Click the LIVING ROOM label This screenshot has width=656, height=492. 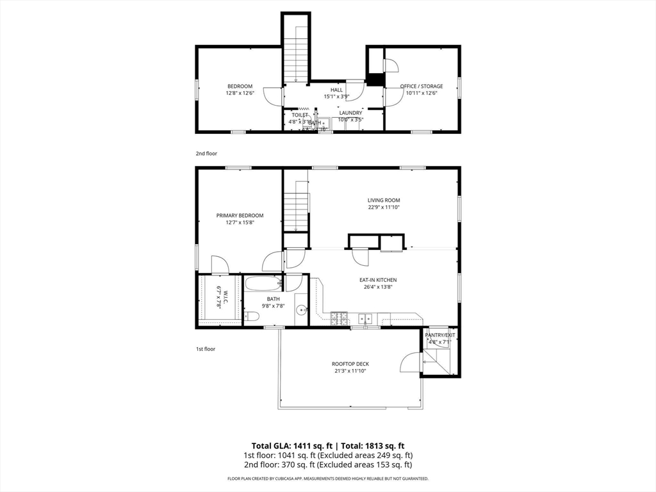pos(384,201)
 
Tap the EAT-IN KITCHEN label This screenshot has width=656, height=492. pos(378,280)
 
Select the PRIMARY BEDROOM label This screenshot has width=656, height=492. pos(240,216)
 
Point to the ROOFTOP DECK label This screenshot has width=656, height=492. pos(350,364)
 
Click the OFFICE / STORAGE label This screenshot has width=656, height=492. pos(421,86)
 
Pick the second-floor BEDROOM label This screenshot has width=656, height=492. pos(240,86)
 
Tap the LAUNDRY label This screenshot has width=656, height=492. pos(350,113)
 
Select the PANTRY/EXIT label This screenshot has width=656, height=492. pos(440,334)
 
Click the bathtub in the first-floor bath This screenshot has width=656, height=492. pos(263,283)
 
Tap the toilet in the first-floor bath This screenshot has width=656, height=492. pos(251,316)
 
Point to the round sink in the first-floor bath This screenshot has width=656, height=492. pos(301,311)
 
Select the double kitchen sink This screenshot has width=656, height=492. pos(366,317)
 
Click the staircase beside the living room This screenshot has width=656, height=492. pos(297,206)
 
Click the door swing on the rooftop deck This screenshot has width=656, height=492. pos(409,363)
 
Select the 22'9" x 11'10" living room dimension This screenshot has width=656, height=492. pos(384,208)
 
